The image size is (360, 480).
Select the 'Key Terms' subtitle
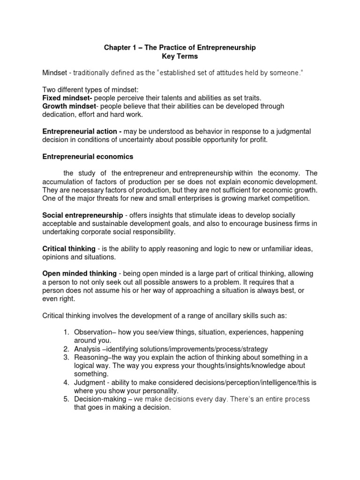[180, 56]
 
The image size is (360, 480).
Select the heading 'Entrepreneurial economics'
[88, 156]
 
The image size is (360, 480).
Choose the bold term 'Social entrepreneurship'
[83, 215]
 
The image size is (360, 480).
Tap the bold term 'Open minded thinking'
[80, 273]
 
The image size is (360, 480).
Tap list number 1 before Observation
[66, 332]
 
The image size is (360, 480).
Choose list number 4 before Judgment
[66, 382]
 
